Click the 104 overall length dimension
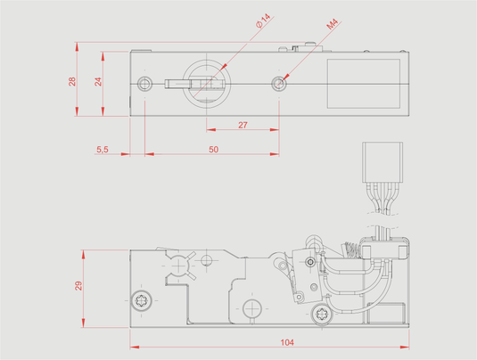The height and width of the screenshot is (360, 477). point(287,343)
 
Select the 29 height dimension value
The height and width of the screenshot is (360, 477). point(78,286)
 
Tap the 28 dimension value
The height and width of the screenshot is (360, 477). point(72,81)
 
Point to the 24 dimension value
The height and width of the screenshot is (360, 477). point(98,81)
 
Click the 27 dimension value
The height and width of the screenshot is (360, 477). point(243,125)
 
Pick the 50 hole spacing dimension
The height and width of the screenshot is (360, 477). point(213,150)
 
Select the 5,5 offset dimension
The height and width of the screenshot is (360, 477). point(103,150)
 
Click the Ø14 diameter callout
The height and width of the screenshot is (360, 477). point(263,21)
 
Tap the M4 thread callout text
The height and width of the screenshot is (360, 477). point(333,24)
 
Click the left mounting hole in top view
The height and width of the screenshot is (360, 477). point(144,84)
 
